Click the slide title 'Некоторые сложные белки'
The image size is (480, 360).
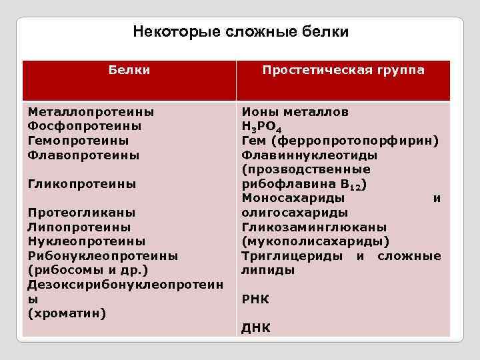click(x=240, y=31)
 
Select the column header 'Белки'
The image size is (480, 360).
click(x=129, y=70)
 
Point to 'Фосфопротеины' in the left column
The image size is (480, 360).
click(x=85, y=126)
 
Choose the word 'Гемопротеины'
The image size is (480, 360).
click(x=78, y=141)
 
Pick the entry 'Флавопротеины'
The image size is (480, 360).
click(x=83, y=155)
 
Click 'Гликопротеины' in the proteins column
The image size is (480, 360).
click(x=81, y=183)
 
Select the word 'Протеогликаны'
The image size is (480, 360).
click(x=81, y=213)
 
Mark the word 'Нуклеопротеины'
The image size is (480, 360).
click(x=87, y=241)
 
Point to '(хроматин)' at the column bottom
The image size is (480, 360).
click(x=67, y=313)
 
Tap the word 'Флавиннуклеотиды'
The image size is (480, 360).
click(x=309, y=155)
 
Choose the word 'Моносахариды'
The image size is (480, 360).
click(x=293, y=198)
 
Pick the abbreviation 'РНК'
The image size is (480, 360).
click(x=255, y=299)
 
